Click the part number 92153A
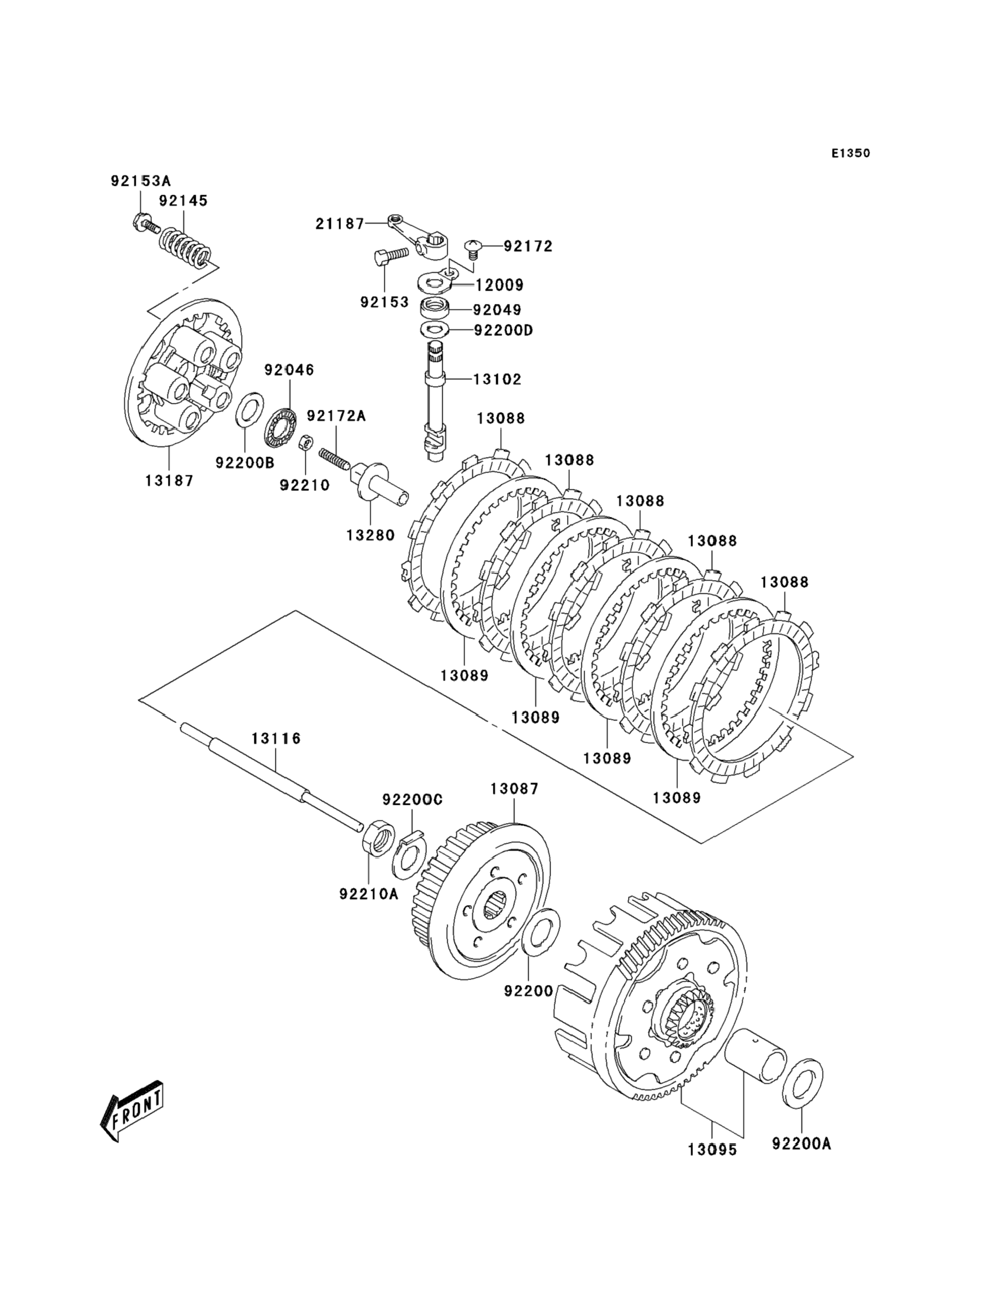click(x=140, y=181)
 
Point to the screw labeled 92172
click(x=474, y=247)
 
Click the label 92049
click(x=497, y=309)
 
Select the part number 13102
click(x=497, y=379)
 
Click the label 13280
click(x=370, y=535)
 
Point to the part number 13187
click(x=170, y=480)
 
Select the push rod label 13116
click(x=276, y=738)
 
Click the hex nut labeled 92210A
click(x=377, y=841)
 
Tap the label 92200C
click(x=412, y=800)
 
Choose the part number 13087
click(x=514, y=789)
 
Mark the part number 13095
click(x=712, y=1150)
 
